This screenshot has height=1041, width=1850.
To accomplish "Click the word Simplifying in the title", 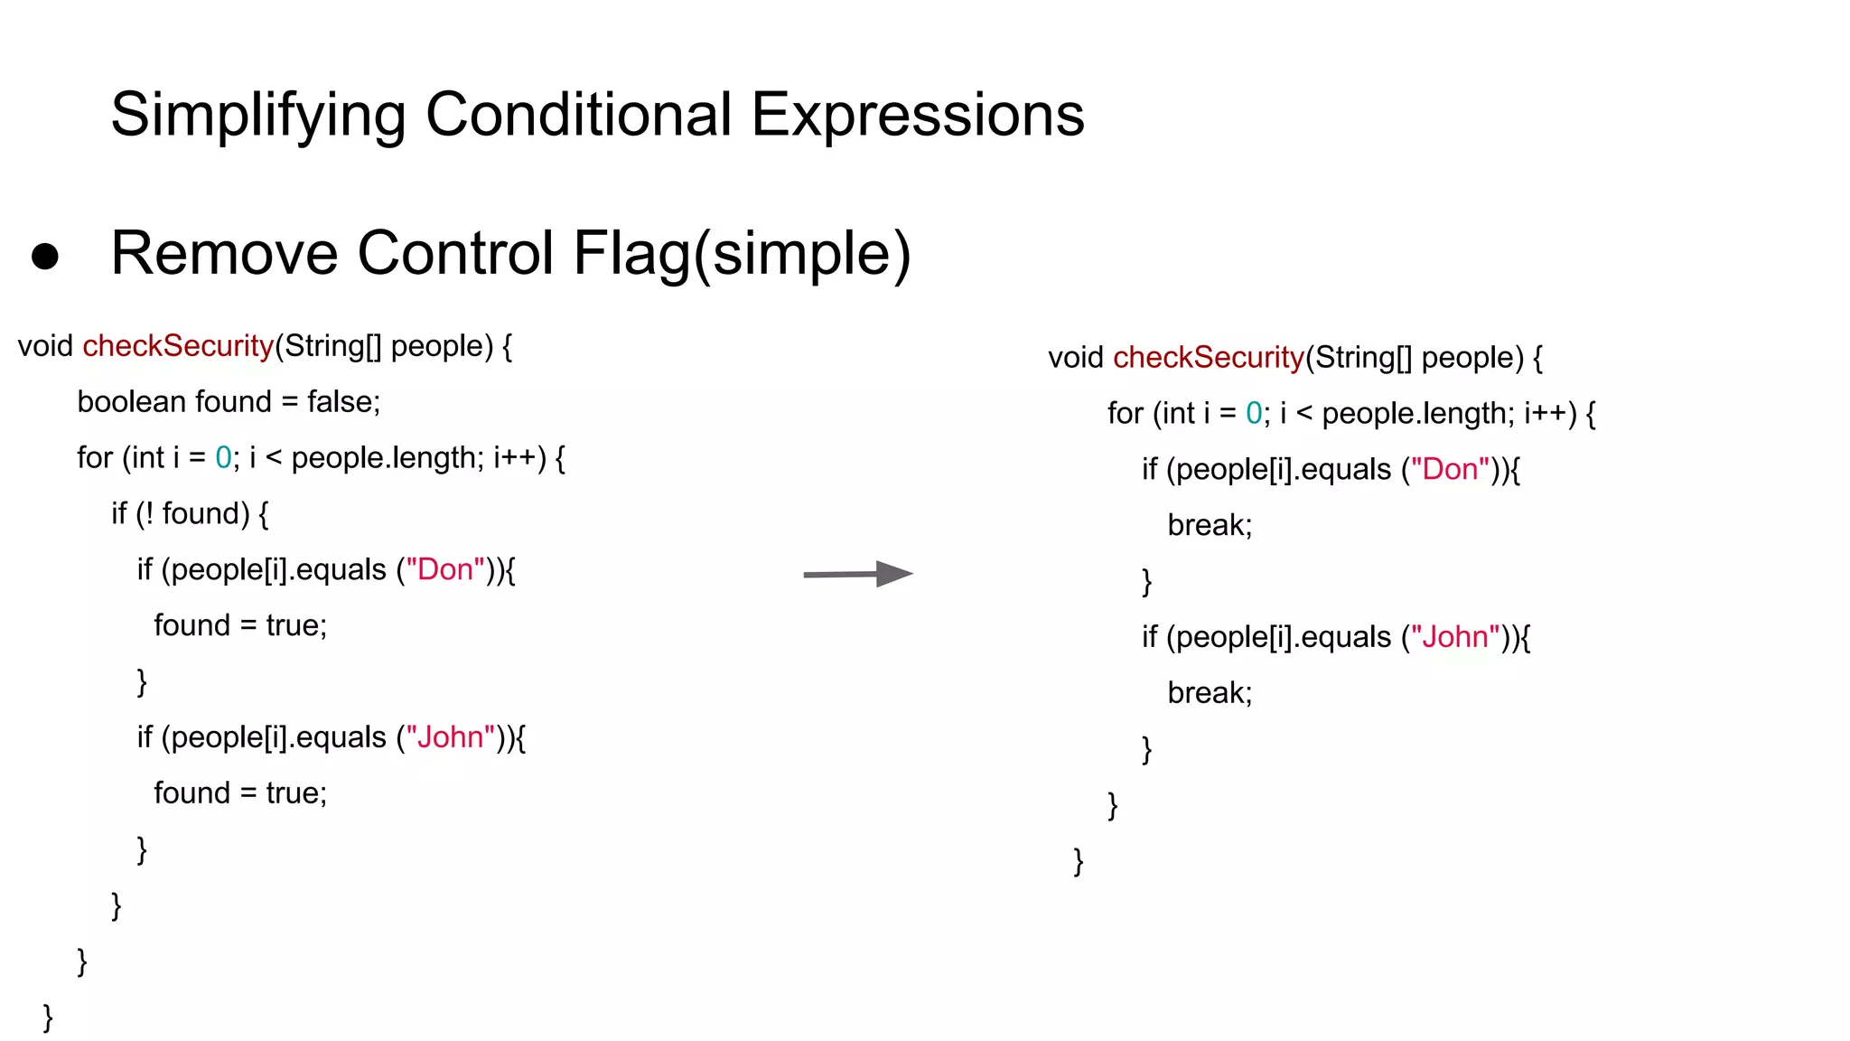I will [x=258, y=116].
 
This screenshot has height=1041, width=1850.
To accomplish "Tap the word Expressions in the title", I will [x=917, y=116].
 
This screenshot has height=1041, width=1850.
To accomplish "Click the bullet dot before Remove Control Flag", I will [x=45, y=257].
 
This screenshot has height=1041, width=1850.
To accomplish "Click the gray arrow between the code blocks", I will [x=857, y=574].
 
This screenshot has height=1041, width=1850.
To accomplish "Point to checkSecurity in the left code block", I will [x=178, y=346].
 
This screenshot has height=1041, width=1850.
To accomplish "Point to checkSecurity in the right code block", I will [x=1209, y=358].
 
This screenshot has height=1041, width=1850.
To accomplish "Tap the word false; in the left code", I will [x=343, y=402].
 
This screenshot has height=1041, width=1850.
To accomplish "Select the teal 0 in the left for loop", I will [x=223, y=458].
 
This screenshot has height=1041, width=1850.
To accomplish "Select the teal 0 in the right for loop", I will [x=1254, y=414].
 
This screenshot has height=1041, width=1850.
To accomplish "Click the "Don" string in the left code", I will [x=445, y=570].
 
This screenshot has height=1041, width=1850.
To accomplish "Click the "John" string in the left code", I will [x=450, y=737].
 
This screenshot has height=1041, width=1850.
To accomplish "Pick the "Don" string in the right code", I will [x=1450, y=470].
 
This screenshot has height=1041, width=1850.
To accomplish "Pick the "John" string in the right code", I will [x=1455, y=637].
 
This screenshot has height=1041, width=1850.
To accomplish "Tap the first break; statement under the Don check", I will [x=1210, y=525].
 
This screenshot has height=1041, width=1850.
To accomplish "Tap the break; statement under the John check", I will [x=1210, y=693].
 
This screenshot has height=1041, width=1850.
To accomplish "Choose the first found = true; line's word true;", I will [x=296, y=625].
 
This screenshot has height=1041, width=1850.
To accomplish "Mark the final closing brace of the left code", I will [x=49, y=1018].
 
